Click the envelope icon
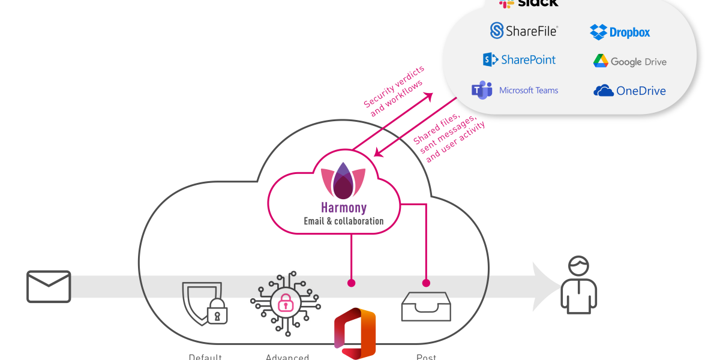pyautogui.click(x=49, y=286)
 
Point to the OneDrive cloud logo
pyautogui.click(x=603, y=91)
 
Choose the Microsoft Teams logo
pyautogui.click(x=481, y=91)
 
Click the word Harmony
pyautogui.click(x=343, y=208)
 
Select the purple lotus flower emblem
pyautogui.click(x=343, y=181)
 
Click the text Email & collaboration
pyautogui.click(x=343, y=221)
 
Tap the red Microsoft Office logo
pyautogui.click(x=355, y=335)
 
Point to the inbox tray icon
pyautogui.click(x=425, y=308)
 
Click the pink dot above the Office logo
pyautogui.click(x=351, y=283)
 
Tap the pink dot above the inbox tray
pyautogui.click(x=426, y=283)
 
